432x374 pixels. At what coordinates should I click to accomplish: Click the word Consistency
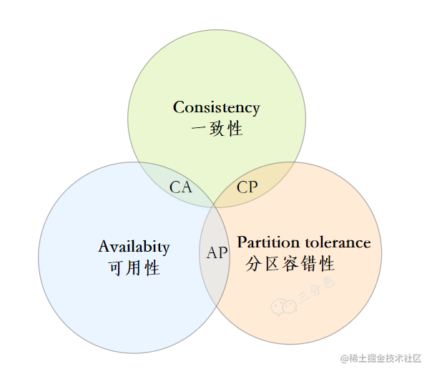216,108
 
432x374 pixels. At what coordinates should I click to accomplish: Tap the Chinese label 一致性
217,129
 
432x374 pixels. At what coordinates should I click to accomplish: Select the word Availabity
134,247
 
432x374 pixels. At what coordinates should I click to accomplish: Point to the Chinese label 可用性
134,268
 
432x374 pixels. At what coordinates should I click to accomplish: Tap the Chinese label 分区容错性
290,263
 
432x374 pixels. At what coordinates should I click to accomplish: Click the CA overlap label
181,187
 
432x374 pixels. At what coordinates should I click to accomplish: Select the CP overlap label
247,187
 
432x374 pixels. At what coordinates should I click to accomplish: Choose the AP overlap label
217,253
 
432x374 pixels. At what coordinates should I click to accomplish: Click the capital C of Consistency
179,108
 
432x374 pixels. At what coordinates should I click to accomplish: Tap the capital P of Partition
242,242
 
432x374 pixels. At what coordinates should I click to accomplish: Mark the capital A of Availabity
104,247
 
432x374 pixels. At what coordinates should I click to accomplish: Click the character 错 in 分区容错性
308,263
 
